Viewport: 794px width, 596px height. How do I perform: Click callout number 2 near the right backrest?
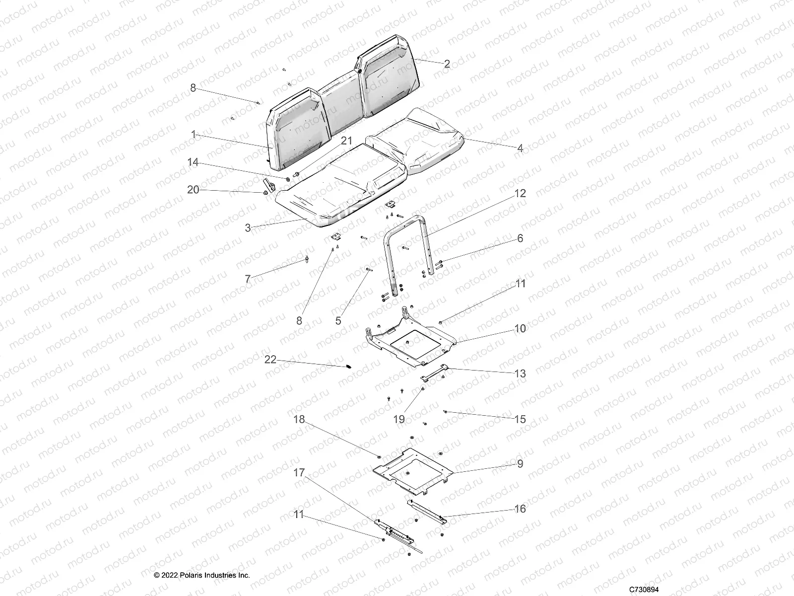(447, 64)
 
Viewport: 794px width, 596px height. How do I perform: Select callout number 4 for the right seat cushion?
(520, 148)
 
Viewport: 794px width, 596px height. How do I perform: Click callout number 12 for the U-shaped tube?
(520, 193)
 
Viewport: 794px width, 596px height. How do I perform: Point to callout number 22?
(270, 360)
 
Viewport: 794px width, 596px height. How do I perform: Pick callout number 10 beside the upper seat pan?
(520, 329)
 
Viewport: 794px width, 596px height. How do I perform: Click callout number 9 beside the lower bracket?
(520, 464)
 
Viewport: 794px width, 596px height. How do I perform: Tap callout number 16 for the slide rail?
(520, 509)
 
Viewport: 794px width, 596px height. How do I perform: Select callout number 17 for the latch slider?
(298, 473)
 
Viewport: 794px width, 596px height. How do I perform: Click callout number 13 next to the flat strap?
(520, 373)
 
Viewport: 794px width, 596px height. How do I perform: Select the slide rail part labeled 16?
(427, 512)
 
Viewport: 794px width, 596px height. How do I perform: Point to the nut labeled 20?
(265, 193)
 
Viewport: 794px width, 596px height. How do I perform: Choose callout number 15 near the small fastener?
(520, 419)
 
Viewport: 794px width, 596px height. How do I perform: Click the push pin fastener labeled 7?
(307, 260)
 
